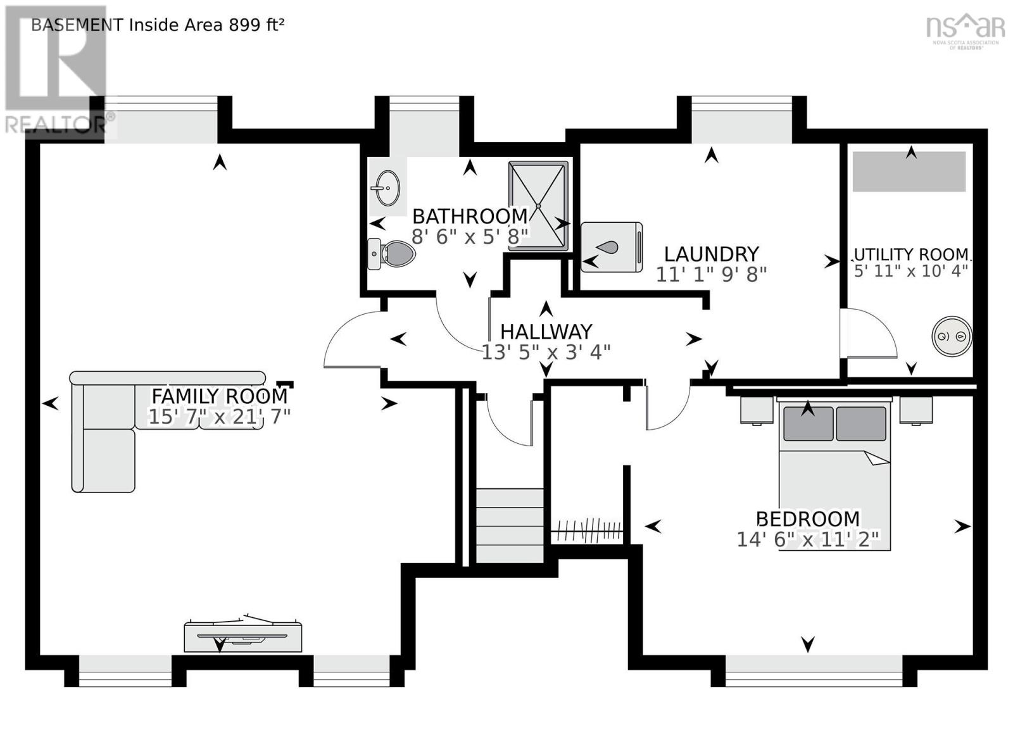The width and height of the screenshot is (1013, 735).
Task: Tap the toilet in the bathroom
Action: pos(392,254)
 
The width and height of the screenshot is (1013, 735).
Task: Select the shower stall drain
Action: pos(539,206)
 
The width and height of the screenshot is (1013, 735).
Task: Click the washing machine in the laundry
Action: pos(612,247)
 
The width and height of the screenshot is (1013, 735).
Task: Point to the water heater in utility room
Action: pos(952,336)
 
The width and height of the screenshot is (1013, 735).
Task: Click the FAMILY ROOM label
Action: pos(219,396)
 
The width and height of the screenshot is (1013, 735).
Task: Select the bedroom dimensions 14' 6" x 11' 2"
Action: pos(808,539)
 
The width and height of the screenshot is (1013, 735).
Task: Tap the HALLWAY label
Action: pos(546,332)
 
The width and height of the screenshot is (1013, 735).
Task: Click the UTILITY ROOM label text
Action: pos(911,254)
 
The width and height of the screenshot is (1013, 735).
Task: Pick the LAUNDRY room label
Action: pos(711,254)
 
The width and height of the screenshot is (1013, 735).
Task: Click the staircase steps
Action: pos(510,525)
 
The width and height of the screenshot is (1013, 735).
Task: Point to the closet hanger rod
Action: pos(588,531)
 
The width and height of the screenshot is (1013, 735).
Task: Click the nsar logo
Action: pos(965,28)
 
